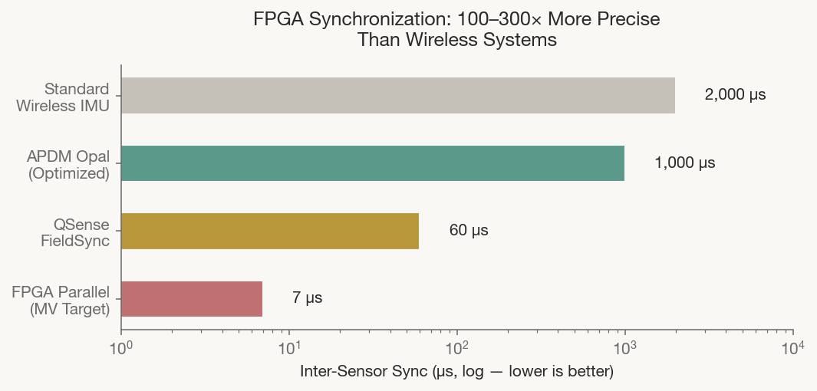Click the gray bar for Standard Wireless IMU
(397, 96)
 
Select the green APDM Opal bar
(373, 163)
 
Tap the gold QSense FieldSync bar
(270, 231)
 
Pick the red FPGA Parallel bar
(192, 299)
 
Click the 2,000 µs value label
(735, 96)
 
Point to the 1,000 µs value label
(684, 163)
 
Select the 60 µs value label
(469, 231)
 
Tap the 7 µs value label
(307, 298)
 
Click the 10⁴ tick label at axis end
(792, 348)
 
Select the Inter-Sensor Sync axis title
(456, 373)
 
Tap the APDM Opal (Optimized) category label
(68, 164)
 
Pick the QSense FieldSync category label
(75, 232)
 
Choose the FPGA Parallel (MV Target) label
(61, 299)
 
